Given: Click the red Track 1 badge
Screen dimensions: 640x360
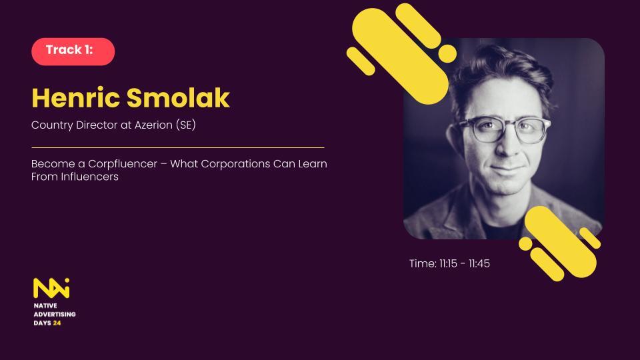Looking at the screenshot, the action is [73, 51].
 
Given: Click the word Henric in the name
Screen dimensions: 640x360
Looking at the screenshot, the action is [75, 98].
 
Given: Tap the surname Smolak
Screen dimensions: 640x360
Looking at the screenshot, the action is [179, 98].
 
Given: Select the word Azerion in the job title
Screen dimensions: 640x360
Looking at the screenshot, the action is [153, 125].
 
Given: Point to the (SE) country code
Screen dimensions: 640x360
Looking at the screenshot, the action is [186, 125].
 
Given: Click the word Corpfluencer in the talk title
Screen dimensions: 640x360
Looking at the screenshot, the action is [123, 164].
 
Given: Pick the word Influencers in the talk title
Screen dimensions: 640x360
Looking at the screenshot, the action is [90, 177].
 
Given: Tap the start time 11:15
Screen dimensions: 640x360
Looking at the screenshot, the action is [448, 264].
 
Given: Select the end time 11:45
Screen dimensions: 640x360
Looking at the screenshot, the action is [479, 264].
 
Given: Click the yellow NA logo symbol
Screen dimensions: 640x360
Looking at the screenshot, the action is [51, 288].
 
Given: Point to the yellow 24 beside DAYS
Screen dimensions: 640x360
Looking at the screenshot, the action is [57, 323].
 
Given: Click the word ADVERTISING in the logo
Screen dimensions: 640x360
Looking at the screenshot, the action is [55, 314].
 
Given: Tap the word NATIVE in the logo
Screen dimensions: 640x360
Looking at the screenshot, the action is [45, 306].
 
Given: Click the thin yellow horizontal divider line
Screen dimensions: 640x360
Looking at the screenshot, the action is [178, 147].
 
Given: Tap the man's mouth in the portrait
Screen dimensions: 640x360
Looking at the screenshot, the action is [507, 168].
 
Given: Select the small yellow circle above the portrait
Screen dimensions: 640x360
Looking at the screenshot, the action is [447, 53].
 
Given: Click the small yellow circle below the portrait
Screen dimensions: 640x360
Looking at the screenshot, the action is [526, 244].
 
